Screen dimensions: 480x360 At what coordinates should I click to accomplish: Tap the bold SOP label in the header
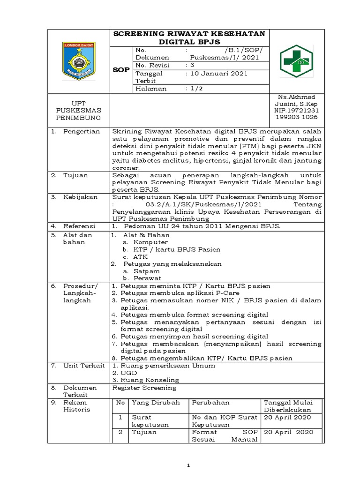pos(121,69)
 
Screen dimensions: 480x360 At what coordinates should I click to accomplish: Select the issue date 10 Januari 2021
pos(217,74)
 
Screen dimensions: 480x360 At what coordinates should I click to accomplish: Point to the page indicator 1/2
pos(193,89)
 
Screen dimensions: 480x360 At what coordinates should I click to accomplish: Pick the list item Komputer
pos(150,242)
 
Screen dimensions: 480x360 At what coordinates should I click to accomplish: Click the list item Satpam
pos(147,271)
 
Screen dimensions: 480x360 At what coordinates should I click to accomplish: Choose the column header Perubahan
pos(210,402)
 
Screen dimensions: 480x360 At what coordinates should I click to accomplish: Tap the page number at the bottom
pos(187,465)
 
